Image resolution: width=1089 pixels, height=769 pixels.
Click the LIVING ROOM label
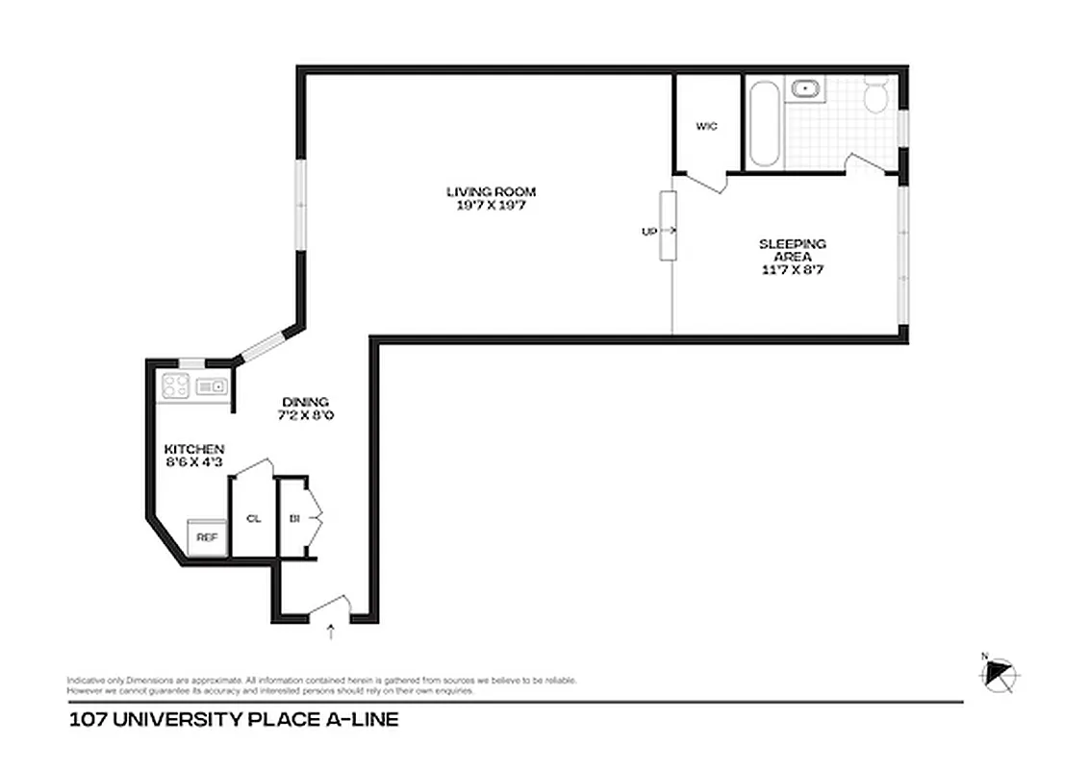[491, 191]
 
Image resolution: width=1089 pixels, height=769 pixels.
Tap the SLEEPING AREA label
[792, 250]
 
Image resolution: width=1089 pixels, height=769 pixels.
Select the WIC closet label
[706, 126]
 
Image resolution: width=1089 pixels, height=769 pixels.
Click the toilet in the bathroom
[876, 96]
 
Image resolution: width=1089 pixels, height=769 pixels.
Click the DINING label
[306, 402]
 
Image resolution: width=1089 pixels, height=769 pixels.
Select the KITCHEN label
[194, 449]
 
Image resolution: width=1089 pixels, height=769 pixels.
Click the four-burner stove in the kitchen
[174, 386]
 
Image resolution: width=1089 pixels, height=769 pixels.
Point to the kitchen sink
[210, 386]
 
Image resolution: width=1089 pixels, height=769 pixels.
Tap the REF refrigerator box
[207, 537]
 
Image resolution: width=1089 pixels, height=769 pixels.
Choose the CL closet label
[254, 518]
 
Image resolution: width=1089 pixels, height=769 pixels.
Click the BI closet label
[293, 518]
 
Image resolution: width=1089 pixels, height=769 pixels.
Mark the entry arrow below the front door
[332, 633]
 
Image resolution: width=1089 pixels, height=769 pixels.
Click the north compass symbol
[1001, 674]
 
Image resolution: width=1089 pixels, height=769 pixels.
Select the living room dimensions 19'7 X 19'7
[491, 205]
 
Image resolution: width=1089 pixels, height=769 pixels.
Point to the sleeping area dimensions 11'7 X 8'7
[792, 270]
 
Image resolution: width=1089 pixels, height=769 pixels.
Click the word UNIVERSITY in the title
[183, 719]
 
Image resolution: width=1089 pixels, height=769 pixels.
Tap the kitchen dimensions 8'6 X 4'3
[194, 462]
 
